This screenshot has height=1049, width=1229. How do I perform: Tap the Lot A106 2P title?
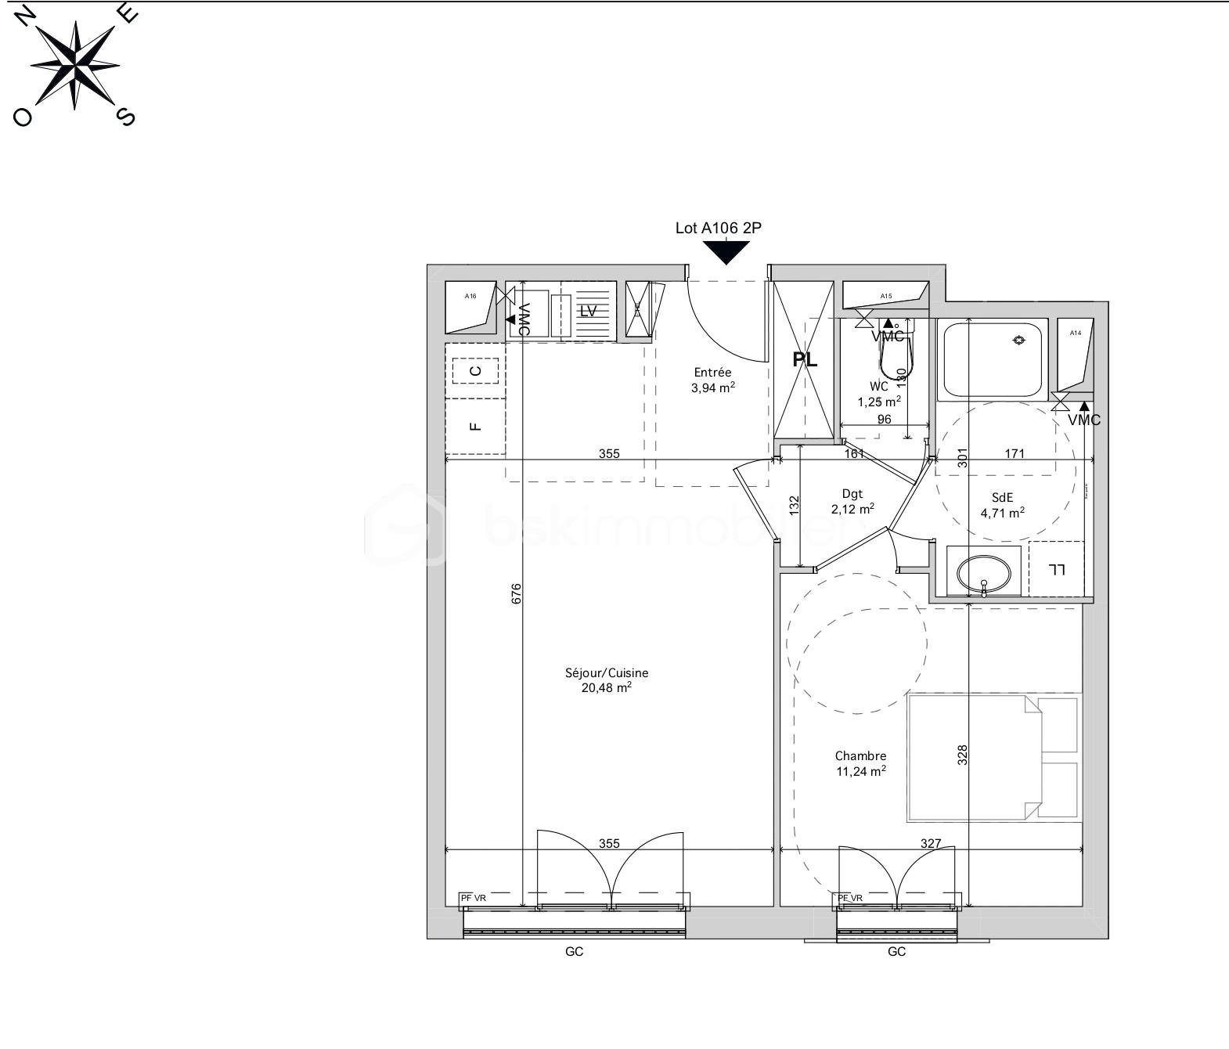click(718, 229)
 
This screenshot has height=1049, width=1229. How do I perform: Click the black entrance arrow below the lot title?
click(726, 252)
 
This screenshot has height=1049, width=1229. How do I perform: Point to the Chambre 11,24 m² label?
click(860, 763)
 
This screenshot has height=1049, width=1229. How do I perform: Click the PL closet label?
click(805, 360)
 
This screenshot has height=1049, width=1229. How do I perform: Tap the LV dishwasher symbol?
click(588, 311)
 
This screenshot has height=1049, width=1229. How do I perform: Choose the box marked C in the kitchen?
click(475, 371)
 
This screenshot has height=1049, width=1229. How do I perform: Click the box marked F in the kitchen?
click(474, 427)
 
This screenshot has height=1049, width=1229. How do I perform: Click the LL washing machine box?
click(1057, 569)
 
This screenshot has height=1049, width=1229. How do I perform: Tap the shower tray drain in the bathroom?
click(1018, 340)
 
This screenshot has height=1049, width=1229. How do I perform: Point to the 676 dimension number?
click(516, 593)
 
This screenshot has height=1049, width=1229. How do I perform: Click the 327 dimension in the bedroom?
click(931, 843)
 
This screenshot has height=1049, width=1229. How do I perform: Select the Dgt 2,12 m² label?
click(852, 502)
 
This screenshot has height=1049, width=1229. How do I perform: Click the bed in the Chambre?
click(992, 757)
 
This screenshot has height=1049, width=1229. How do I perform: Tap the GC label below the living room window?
click(574, 952)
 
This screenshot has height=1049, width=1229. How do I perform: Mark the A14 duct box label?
click(1076, 333)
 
